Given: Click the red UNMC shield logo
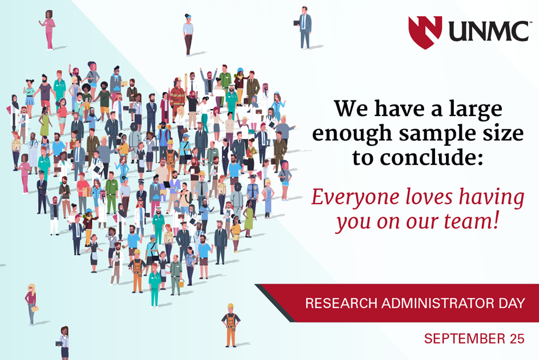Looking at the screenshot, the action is [425, 31].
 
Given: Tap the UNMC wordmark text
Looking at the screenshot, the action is [489, 31].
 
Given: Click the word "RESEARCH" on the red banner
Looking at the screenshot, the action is [341, 303].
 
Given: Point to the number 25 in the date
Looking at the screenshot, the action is [517, 339].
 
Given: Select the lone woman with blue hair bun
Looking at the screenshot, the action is [187, 34].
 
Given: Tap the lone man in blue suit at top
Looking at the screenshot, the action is [304, 27].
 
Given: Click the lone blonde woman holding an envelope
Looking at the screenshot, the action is [31, 305].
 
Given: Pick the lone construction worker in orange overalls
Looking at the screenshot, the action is [231, 325].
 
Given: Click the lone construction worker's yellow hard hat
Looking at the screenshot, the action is [231, 306].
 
